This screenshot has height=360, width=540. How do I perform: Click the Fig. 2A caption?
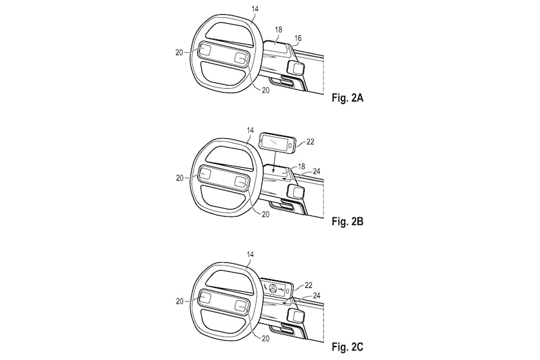pyautogui.click(x=347, y=98)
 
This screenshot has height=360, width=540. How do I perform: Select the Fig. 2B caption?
pyautogui.click(x=347, y=221)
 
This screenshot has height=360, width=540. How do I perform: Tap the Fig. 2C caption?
pyautogui.click(x=347, y=346)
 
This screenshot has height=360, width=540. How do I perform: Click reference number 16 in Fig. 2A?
pyautogui.click(x=298, y=38)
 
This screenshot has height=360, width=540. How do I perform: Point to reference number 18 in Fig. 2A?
pyautogui.click(x=278, y=30)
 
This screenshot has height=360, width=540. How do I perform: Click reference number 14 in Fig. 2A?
pyautogui.click(x=255, y=9)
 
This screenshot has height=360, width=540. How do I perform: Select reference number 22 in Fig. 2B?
pyautogui.click(x=310, y=141)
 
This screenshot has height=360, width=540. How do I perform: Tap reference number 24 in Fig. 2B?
pyautogui.click(x=316, y=171)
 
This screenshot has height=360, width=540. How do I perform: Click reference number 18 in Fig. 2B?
pyautogui.click(x=301, y=166)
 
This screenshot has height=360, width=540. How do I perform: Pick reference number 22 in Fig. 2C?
pyautogui.click(x=308, y=285)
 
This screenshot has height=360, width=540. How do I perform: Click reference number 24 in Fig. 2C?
pyautogui.click(x=316, y=296)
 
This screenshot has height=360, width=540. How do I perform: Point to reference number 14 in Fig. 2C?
pyautogui.click(x=250, y=254)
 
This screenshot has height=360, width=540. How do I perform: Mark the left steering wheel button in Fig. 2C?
pyautogui.click(x=205, y=297)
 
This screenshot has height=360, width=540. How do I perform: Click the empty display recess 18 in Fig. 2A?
pyautogui.click(x=276, y=46)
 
